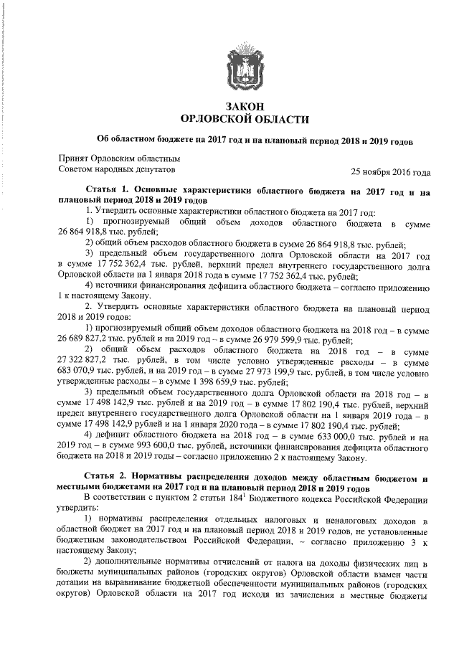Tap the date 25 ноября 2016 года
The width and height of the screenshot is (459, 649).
tap(390, 172)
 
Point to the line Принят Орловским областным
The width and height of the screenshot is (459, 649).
tap(118, 158)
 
